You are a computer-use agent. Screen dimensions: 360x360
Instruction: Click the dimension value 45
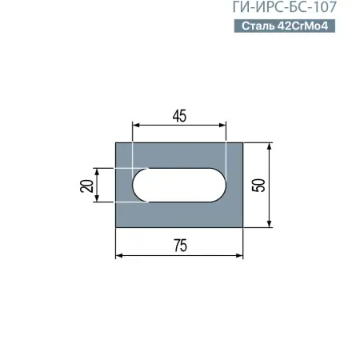coord(179,115)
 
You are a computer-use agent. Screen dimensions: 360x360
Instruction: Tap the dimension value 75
coord(179,246)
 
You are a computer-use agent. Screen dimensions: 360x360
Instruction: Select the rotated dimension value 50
coord(258,185)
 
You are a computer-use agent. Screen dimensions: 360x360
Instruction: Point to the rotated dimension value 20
coord(86,186)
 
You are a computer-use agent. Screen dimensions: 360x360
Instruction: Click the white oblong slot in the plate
coord(179,185)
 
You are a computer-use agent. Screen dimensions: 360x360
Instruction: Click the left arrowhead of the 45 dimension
coord(135,125)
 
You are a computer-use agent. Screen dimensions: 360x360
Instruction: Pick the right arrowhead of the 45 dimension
coord(224,125)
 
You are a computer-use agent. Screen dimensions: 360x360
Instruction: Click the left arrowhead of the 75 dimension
coord(120,255)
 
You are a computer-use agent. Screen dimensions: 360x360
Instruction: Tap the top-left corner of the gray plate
coord(117,144)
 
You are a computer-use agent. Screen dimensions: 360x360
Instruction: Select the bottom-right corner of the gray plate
coord(243,226)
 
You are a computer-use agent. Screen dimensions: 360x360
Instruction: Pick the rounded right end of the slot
coord(222,185)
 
